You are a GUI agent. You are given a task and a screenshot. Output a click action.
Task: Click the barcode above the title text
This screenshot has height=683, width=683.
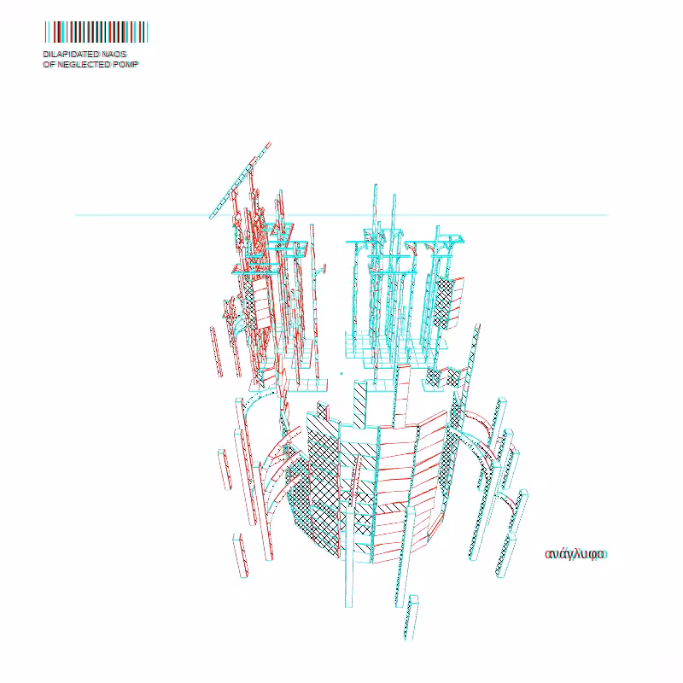(x=96, y=32)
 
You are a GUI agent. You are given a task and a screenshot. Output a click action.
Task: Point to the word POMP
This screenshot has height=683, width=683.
(x=126, y=65)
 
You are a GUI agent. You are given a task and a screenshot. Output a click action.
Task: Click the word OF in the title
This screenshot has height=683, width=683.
(x=49, y=65)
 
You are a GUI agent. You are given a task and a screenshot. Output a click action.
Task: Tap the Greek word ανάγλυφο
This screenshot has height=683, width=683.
(x=575, y=554)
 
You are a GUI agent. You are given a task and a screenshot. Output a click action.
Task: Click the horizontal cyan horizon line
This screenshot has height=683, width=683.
(x=341, y=215)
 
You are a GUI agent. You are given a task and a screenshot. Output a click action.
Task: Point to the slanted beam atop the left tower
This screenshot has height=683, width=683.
(x=240, y=180)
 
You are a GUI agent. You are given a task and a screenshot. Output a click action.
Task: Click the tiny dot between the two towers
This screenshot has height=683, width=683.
(x=341, y=373)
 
